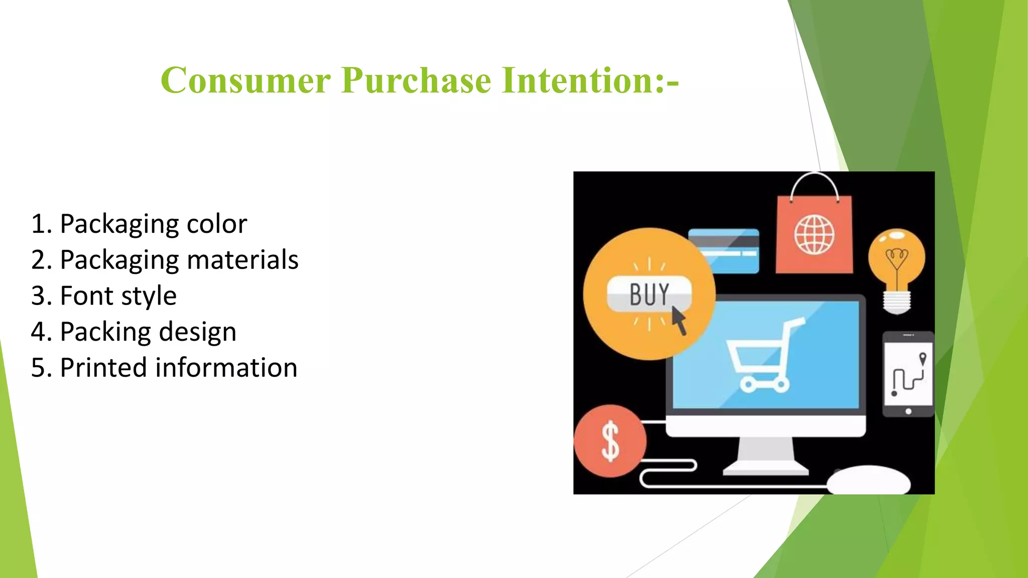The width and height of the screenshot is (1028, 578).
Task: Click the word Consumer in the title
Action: point(245,80)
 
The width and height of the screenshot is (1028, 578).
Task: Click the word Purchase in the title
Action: point(416,80)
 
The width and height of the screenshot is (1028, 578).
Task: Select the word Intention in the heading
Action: point(577,80)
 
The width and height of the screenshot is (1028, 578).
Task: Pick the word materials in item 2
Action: point(242,260)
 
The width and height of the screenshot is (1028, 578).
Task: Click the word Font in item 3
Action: point(86,296)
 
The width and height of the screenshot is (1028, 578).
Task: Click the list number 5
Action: point(39,368)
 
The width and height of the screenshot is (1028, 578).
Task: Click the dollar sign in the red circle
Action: point(610,442)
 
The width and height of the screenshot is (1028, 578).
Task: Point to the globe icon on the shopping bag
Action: point(814,234)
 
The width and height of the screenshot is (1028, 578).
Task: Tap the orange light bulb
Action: point(897,266)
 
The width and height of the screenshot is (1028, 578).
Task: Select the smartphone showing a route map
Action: point(908,374)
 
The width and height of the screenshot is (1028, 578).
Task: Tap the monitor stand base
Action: point(765,470)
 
